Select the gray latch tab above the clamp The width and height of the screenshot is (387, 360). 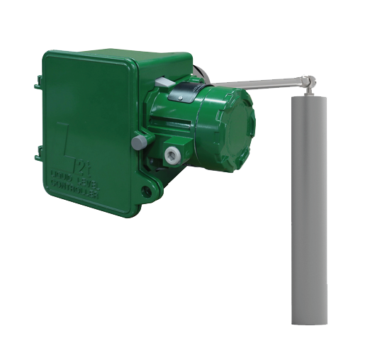tap(162, 83)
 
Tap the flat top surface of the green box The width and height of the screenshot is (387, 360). tap(117, 55)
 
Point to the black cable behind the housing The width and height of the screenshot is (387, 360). tap(200, 72)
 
